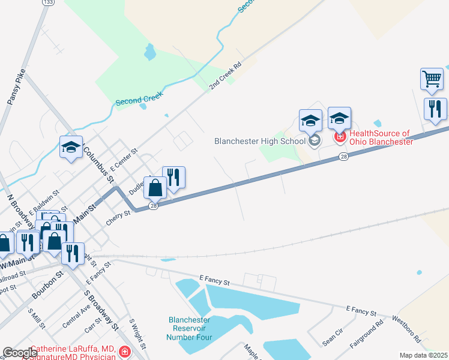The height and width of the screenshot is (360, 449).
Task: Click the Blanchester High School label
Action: (x=259, y=142)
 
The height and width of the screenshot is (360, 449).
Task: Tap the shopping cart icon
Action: (x=432, y=79)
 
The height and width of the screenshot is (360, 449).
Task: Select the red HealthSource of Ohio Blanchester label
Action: (x=381, y=137)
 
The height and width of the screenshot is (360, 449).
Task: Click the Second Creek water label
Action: (x=139, y=101)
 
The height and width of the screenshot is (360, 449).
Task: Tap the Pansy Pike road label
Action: (x=16, y=88)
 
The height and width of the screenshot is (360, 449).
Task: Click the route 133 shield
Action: (x=47, y=3)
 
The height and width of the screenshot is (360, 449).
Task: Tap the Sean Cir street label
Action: (x=332, y=340)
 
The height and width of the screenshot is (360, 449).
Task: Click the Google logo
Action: (x=19, y=353)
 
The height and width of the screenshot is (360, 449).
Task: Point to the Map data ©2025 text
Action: (x=423, y=355)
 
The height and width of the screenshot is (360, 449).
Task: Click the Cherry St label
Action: (x=118, y=217)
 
